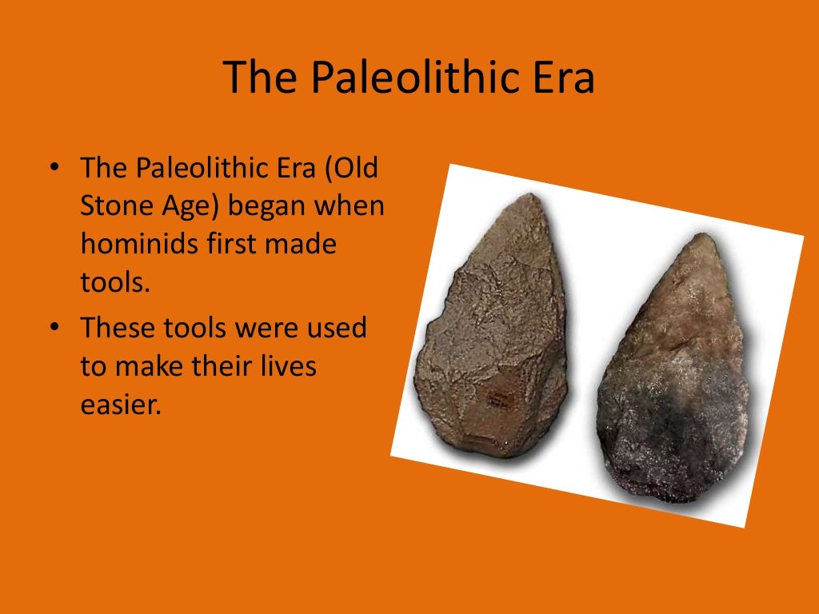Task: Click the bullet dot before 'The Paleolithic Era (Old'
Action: (x=54, y=169)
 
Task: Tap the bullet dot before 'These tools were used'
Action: (x=54, y=329)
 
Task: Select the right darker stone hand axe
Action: (x=677, y=376)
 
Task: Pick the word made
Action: (x=302, y=244)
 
